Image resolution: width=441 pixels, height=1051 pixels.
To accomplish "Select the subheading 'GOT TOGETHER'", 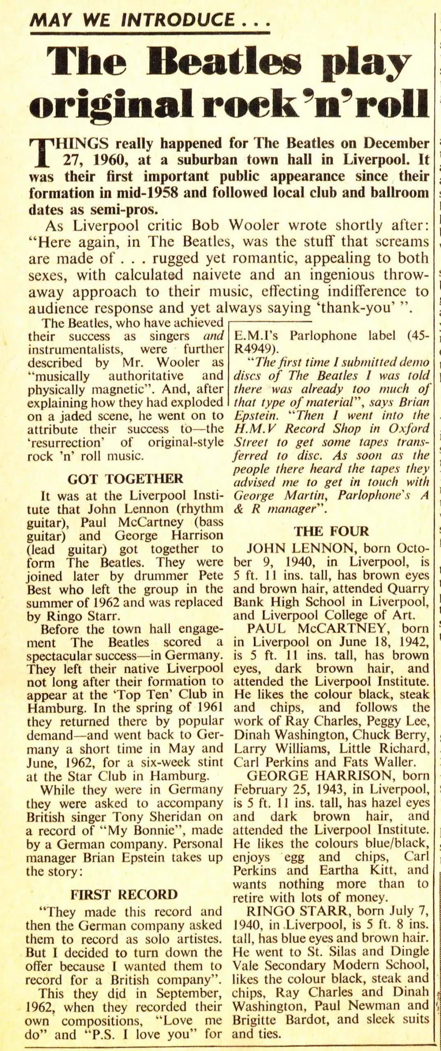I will [x=125, y=479].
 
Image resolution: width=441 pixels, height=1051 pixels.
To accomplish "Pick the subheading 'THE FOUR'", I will [x=331, y=532].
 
